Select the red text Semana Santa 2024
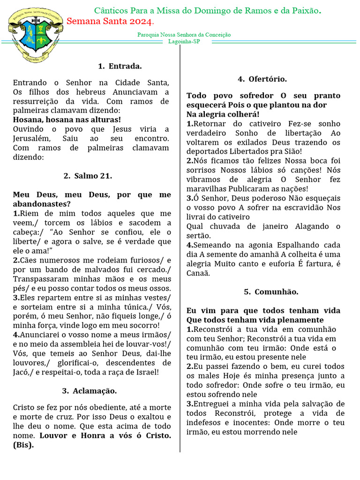[110, 22]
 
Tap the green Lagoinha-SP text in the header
[184, 41]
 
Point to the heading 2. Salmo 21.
[88, 176]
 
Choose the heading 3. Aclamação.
[90, 390]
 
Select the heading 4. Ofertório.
[262, 79]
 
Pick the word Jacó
[22, 372]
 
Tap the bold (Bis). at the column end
[23, 445]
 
